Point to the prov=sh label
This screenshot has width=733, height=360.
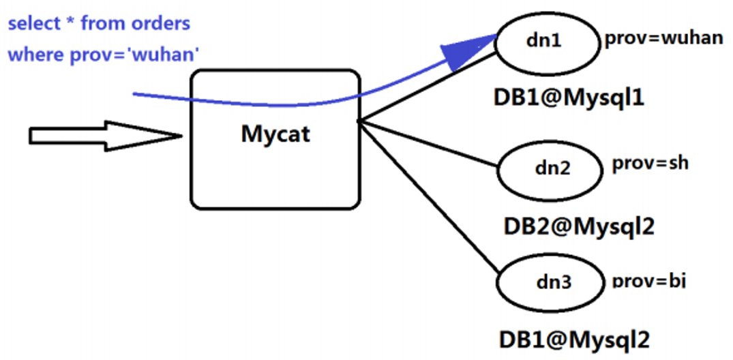pyautogui.click(x=650, y=163)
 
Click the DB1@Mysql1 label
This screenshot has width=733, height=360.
pyautogui.click(x=569, y=97)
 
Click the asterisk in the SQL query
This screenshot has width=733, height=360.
pyautogui.click(x=70, y=22)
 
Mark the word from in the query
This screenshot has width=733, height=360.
pyautogui.click(x=102, y=24)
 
